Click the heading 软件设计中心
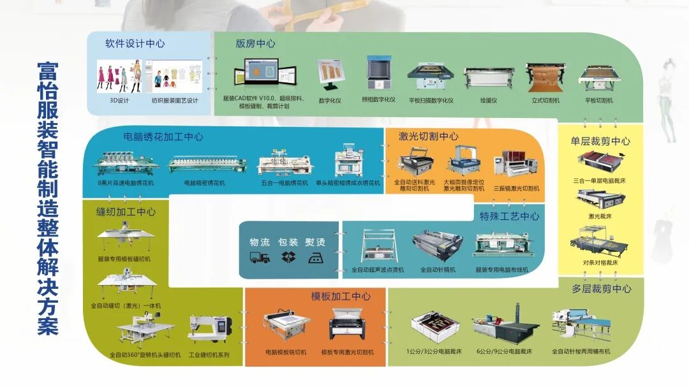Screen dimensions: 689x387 click(x=135, y=44)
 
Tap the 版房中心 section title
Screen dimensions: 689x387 click(x=255, y=44)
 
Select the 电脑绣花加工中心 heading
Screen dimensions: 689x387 click(x=163, y=136)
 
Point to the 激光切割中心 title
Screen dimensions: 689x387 click(x=428, y=136)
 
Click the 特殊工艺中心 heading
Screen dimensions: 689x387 click(x=509, y=216)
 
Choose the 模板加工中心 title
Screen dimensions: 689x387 click(x=341, y=296)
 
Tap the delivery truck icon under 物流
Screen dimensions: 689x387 click(x=259, y=257)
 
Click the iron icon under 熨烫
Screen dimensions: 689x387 click(x=315, y=257)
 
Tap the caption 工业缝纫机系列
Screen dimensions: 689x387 click(x=209, y=354)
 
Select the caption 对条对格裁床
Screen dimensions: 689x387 click(x=600, y=263)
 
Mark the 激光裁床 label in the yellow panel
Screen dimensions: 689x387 click(x=600, y=217)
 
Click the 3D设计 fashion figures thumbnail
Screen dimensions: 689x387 click(x=119, y=77)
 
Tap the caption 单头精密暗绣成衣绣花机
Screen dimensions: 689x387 click(x=348, y=183)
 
